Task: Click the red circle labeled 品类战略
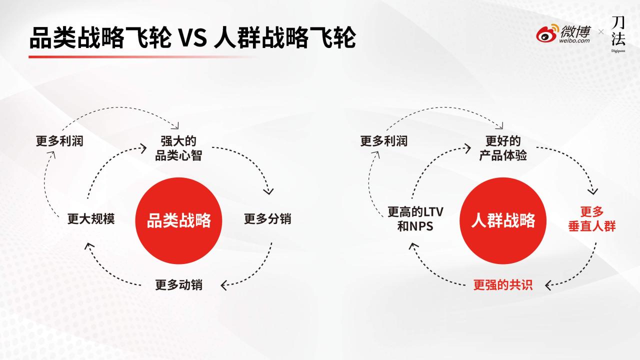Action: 178,220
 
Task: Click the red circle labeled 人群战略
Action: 503,220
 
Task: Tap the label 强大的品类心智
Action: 178,148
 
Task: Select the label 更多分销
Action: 267,219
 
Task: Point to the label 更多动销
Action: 178,285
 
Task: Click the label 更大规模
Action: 91,219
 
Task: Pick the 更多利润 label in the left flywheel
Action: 59,141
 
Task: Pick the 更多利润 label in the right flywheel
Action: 383,141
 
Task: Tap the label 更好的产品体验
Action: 503,148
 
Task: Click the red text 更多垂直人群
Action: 591,219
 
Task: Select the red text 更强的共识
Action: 503,285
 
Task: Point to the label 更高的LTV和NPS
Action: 415,219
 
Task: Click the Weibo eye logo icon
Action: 547,33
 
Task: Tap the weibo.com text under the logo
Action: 574,40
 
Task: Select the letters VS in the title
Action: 192,38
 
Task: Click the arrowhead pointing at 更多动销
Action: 224,285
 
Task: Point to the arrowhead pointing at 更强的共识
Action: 548,285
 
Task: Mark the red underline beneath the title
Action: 141,57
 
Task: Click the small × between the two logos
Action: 601,32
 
